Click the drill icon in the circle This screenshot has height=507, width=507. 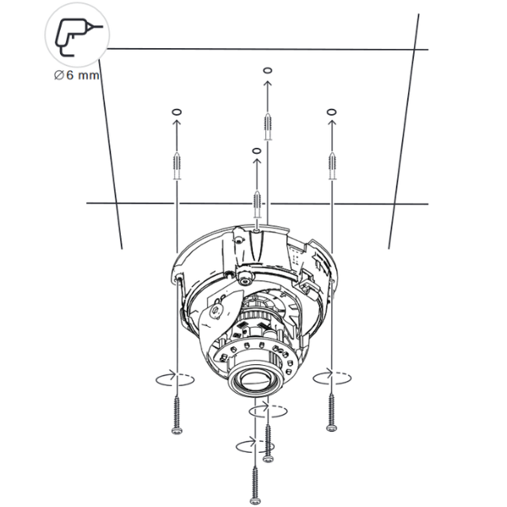tap(78, 37)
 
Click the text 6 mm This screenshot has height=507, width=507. tap(83, 75)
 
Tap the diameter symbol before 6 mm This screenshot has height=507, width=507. tap(58, 75)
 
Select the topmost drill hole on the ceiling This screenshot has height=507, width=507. tap(267, 70)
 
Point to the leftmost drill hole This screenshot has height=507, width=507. tap(177, 112)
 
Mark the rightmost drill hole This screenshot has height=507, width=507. tap(332, 112)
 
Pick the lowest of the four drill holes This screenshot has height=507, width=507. tap(256, 151)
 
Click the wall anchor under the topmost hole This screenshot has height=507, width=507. tap(268, 127)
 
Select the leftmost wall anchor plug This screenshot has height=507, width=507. tap(177, 166)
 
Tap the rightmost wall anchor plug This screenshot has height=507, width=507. tap(332, 166)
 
